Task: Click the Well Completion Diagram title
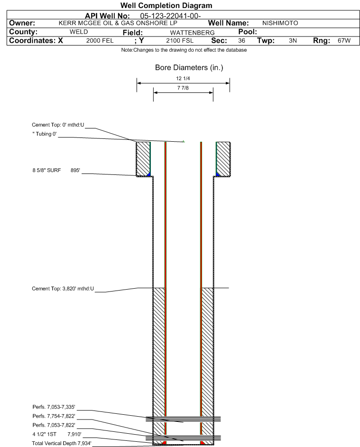[166, 5]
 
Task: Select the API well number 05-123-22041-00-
[170, 16]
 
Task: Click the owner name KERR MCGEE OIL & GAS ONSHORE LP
[118, 23]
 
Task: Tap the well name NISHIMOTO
[280, 23]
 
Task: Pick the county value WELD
[79, 32]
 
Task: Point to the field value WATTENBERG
[192, 33]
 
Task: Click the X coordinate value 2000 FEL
[100, 41]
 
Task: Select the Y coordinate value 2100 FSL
[180, 41]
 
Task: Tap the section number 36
[241, 41]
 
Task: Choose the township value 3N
[293, 41]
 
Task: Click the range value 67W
[344, 41]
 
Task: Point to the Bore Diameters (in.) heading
[189, 68]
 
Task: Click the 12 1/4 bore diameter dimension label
[183, 78]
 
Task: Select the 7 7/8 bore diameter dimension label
[183, 88]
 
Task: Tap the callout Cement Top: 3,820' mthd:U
[63, 289]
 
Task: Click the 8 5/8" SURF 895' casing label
[56, 171]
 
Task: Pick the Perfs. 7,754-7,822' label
[54, 416]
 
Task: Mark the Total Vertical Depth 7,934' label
[62, 443]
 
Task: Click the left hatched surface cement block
[143, 159]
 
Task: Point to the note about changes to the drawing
[184, 50]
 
